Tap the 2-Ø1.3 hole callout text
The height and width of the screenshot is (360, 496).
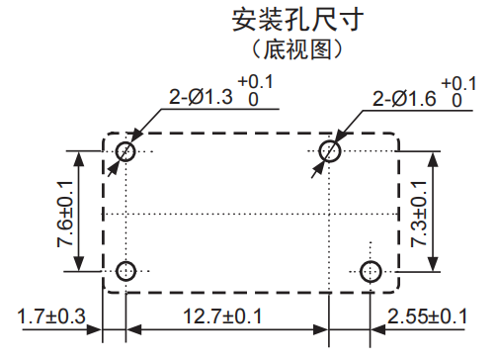click(x=203, y=99)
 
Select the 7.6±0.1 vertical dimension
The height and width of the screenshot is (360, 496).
click(x=66, y=212)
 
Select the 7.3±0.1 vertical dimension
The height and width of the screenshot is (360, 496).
click(x=421, y=210)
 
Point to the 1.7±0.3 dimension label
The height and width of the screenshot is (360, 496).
click(x=52, y=316)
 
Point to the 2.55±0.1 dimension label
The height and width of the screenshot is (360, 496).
click(x=427, y=316)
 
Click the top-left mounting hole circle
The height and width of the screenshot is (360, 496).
click(x=126, y=151)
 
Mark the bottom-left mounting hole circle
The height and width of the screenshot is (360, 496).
click(x=126, y=270)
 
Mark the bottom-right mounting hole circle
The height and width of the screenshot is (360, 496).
click(x=371, y=270)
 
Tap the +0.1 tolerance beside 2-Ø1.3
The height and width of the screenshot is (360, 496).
click(x=255, y=83)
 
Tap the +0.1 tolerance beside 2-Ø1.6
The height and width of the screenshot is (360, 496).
click(x=457, y=83)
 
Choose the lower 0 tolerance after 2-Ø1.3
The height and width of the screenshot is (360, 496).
click(x=254, y=101)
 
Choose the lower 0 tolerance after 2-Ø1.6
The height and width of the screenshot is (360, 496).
click(x=456, y=101)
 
